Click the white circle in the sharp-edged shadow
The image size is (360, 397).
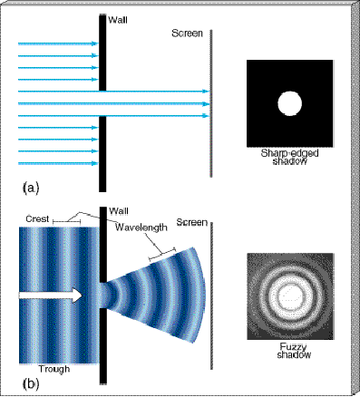[288, 103]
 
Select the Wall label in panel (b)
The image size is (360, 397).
[118, 211]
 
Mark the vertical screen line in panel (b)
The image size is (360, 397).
[212, 299]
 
